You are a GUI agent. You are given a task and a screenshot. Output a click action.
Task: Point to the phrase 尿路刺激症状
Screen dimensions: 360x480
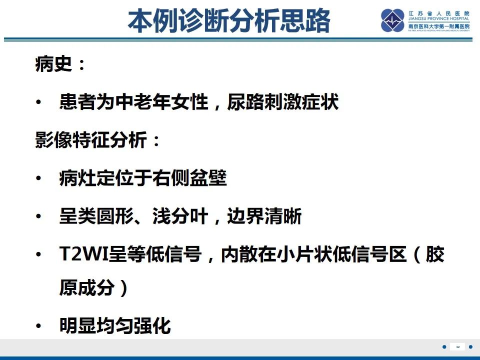(x=283, y=102)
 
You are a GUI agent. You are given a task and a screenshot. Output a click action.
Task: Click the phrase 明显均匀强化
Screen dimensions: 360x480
(x=115, y=326)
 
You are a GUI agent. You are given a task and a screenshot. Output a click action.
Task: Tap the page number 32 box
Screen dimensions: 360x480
(x=457, y=346)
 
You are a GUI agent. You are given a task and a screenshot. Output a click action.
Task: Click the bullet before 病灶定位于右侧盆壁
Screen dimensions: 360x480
(x=38, y=179)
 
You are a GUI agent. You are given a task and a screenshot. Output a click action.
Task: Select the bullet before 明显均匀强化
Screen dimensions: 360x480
(x=38, y=327)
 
